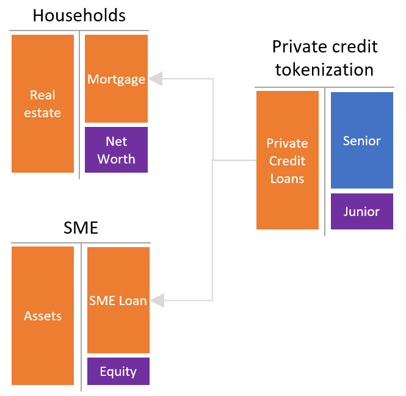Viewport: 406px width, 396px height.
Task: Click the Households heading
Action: (79, 15)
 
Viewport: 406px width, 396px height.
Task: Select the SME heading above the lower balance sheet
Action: (81, 228)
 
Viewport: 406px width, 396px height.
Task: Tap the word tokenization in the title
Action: (324, 70)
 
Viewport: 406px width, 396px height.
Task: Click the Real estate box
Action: (43, 104)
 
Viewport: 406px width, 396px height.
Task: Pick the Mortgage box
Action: (116, 79)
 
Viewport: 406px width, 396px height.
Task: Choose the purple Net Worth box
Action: (116, 149)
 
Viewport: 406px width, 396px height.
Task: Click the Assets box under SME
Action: (43, 315)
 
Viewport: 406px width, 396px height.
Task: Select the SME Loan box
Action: (118, 300)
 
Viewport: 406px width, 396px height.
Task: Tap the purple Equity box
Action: (118, 371)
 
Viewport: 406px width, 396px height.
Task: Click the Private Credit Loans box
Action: (288, 160)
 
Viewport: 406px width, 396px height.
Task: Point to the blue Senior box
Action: (362, 140)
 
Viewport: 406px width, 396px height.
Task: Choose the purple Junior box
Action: (362, 211)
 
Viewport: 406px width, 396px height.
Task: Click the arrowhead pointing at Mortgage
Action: (156, 79)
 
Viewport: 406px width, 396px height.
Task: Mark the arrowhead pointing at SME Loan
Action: (158, 300)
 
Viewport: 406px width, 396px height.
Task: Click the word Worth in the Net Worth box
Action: (116, 159)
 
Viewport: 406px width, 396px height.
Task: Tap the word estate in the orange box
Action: (43, 113)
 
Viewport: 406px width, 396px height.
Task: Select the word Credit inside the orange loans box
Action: (287, 160)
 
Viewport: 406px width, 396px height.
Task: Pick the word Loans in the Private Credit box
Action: (287, 179)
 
